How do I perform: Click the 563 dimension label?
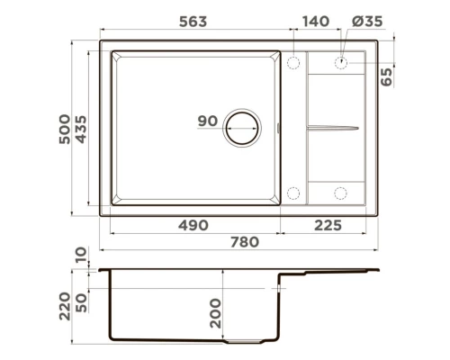193,22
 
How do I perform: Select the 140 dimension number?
316,22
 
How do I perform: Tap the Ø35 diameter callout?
367,22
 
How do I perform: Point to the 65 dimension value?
386,77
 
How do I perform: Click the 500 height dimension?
65,129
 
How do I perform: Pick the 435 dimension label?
81,129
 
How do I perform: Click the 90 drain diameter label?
208,121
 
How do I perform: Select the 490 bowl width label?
193,225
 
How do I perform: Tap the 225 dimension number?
328,225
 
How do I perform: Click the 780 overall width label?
245,242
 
